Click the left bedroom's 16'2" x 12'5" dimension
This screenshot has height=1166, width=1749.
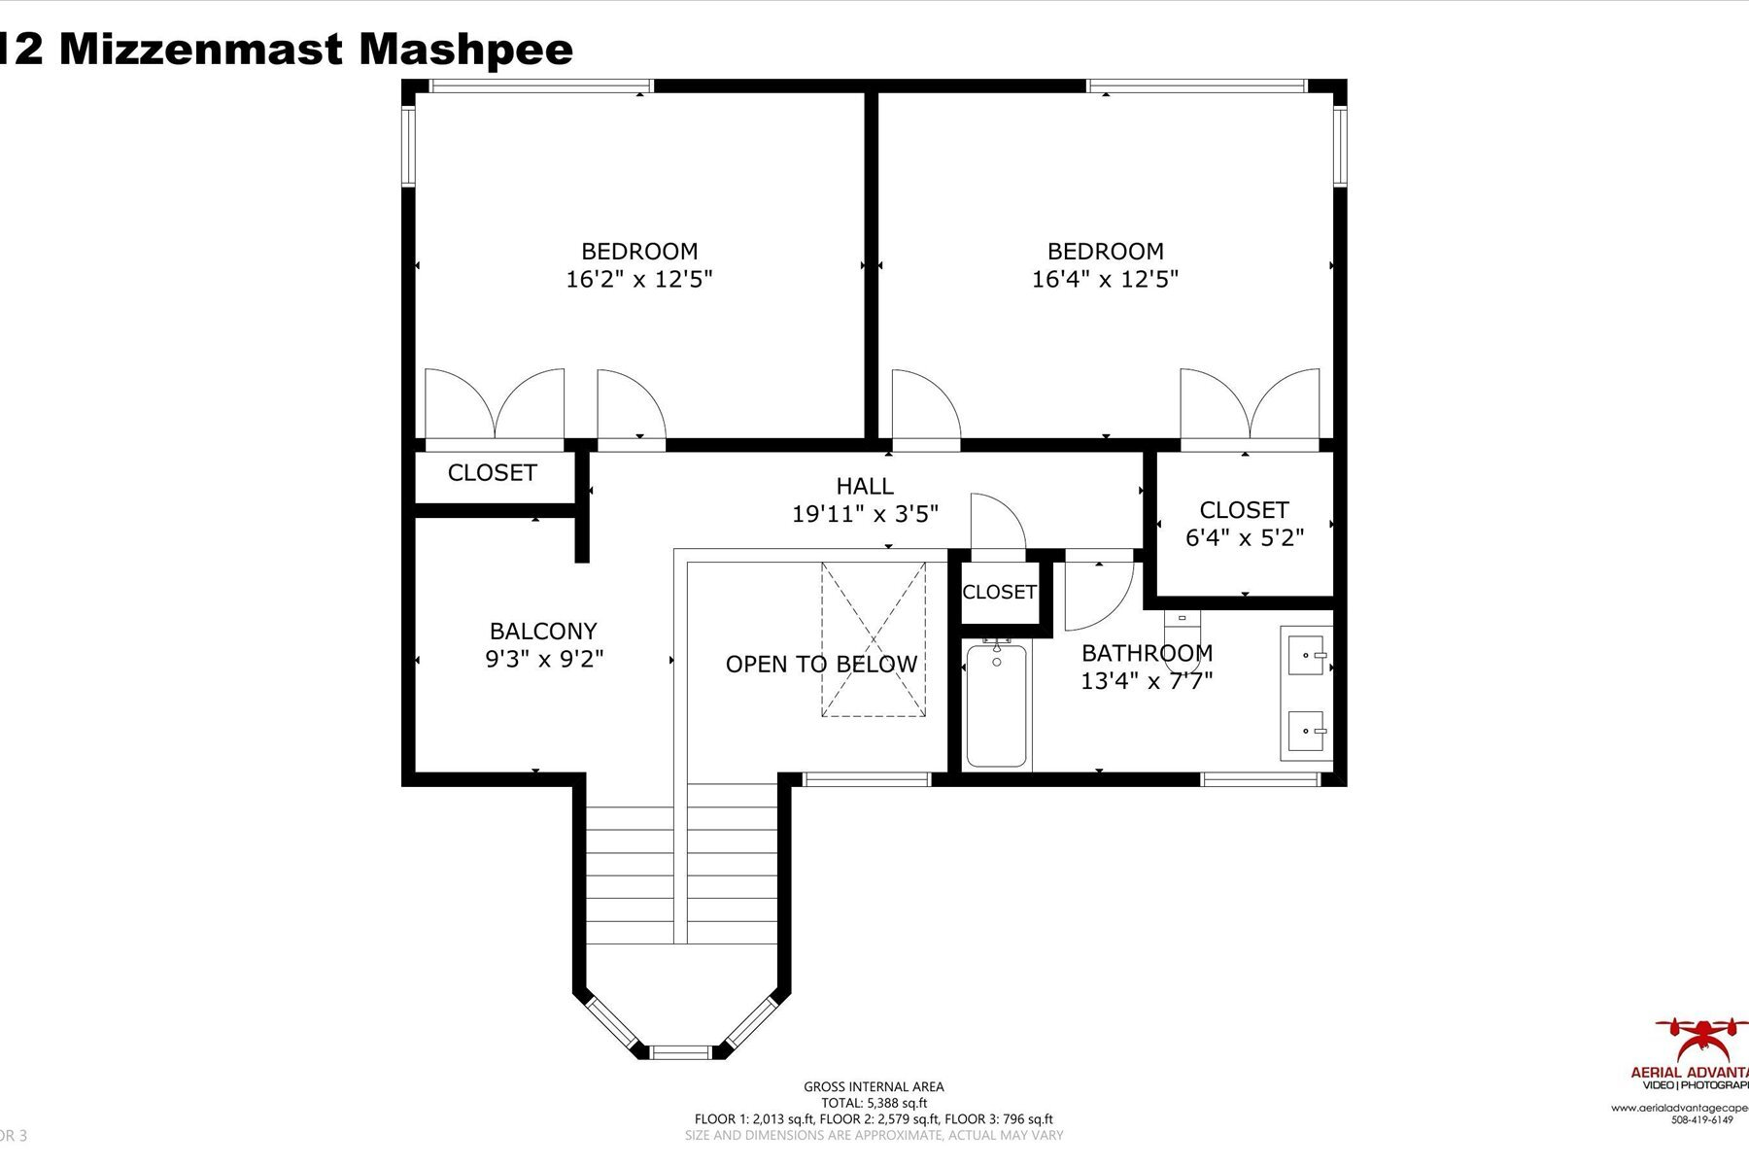tap(639, 280)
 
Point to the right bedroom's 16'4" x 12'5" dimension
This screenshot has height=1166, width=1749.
tap(1105, 280)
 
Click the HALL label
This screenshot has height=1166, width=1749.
tap(864, 486)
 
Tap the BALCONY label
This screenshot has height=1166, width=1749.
tap(543, 631)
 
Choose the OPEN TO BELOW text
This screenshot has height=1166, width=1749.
tap(821, 665)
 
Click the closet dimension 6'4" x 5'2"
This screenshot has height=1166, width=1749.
tap(1244, 537)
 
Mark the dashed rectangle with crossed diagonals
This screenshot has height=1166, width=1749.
tap(874, 639)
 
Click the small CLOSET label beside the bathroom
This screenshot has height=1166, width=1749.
tap(999, 592)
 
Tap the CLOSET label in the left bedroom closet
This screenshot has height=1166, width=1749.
tap(492, 473)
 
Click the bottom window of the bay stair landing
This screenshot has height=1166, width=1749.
tap(680, 1051)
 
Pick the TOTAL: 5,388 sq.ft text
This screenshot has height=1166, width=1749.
tap(874, 1103)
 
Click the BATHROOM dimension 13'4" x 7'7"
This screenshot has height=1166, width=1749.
tap(1147, 681)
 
